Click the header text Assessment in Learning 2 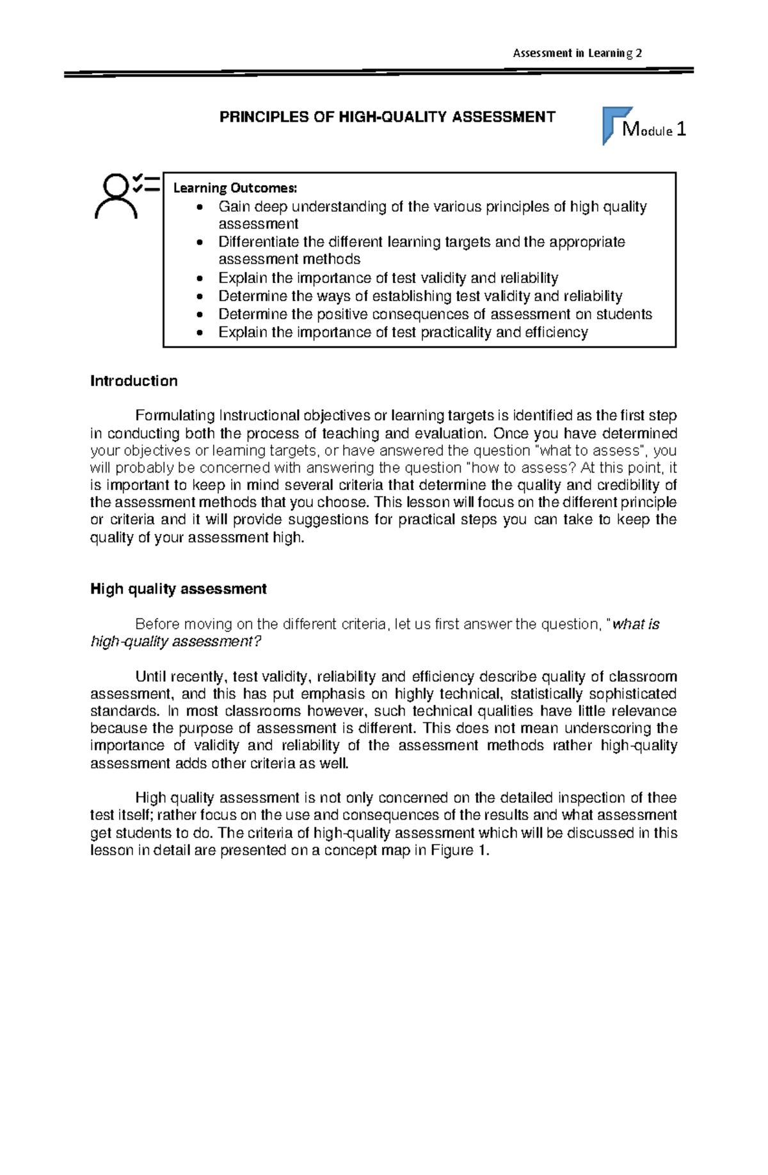point(577,53)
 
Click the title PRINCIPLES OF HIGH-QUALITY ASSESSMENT point(387,117)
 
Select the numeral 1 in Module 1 point(680,130)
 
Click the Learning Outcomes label point(235,188)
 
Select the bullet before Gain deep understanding point(202,207)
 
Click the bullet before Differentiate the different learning point(202,243)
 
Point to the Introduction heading point(134,381)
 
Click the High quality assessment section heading point(178,589)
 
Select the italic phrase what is point(636,624)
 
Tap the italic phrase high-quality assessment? point(176,642)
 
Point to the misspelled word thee point(662,798)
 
